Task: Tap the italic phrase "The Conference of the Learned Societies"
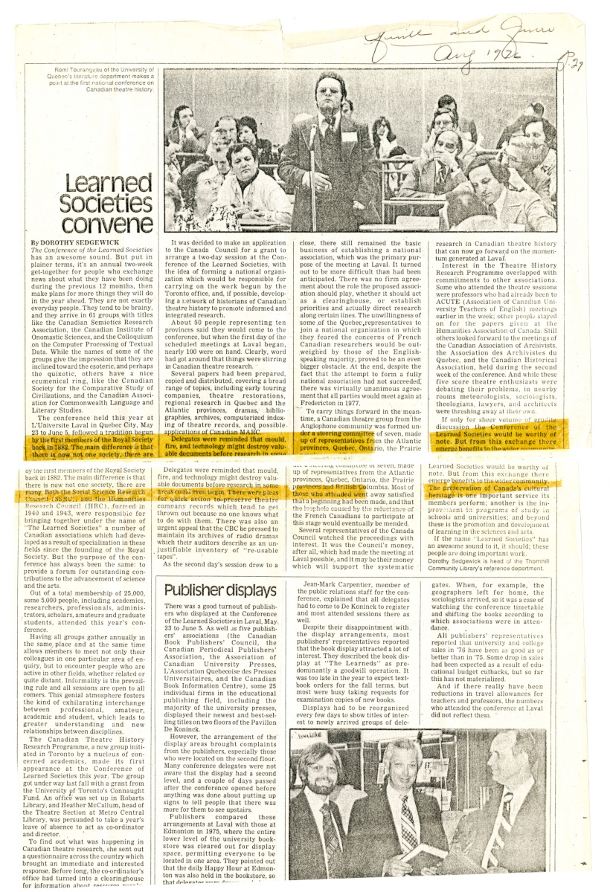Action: pos(91,251)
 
